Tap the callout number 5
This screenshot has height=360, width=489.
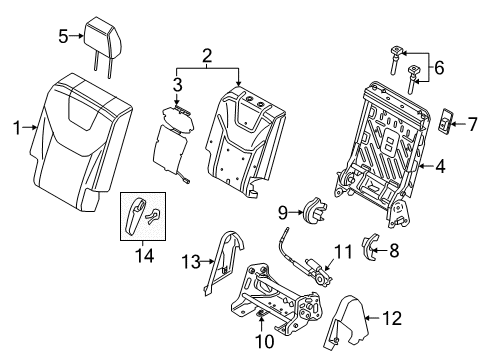[62, 37]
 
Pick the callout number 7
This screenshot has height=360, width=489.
[474, 124]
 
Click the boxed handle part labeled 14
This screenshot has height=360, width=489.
[139, 215]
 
